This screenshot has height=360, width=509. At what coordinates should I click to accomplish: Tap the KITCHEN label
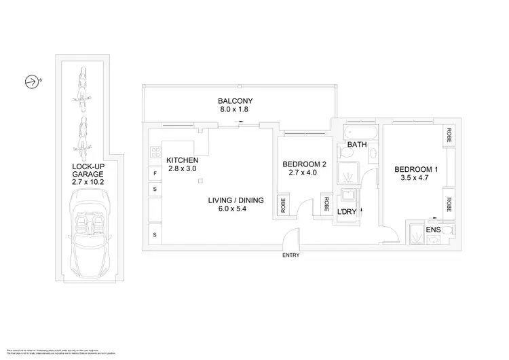[182, 160]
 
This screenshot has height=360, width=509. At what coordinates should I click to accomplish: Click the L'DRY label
[347, 212]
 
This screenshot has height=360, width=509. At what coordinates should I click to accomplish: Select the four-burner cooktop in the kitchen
[155, 152]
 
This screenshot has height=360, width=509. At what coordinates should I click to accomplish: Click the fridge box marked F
[155, 174]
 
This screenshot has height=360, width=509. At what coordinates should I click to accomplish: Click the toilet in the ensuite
[432, 240]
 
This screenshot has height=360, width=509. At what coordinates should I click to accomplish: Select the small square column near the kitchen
[200, 181]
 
